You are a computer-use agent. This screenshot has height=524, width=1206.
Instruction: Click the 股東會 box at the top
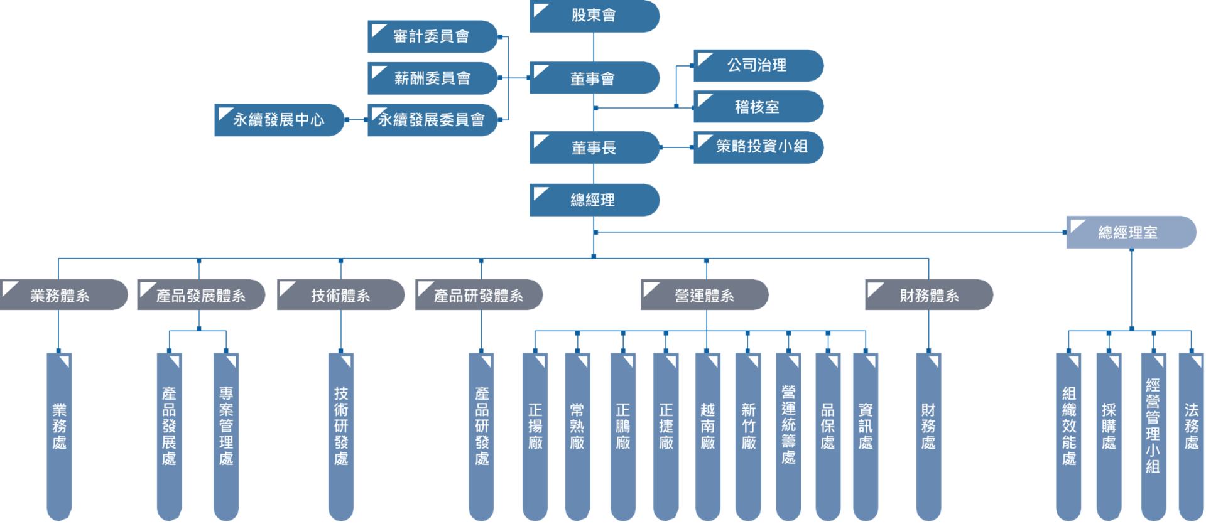tap(594, 16)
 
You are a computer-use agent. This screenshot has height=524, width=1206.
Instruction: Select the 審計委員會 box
tap(432, 36)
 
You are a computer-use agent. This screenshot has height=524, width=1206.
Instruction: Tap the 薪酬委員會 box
tap(432, 78)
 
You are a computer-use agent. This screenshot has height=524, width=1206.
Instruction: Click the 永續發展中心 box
tap(279, 120)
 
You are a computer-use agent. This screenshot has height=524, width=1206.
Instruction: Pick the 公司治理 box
tap(758, 65)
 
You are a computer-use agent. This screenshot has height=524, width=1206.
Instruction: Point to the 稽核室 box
tap(758, 107)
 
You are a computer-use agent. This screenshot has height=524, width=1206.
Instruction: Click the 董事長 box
tap(594, 147)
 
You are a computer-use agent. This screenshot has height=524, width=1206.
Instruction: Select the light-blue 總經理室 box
tap(1130, 232)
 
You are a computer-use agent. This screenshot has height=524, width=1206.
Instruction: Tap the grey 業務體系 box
tap(63, 295)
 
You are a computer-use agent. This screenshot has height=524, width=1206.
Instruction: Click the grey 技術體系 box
tap(340, 295)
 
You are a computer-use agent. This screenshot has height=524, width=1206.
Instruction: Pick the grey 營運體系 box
tap(704, 295)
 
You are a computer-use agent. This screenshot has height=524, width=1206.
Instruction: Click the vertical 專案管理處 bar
tap(226, 433)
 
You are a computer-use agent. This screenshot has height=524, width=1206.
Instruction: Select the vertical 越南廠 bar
tap(707, 433)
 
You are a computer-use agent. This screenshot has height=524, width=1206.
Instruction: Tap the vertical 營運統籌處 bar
tap(788, 433)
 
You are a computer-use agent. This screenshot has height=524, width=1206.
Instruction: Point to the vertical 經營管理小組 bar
tap(1153, 433)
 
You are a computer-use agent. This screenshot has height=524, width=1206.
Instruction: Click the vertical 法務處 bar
tap(1191, 433)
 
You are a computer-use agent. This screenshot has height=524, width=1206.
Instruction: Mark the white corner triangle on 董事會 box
tap(539, 69)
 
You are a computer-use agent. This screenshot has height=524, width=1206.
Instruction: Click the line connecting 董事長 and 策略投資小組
tap(676, 147)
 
